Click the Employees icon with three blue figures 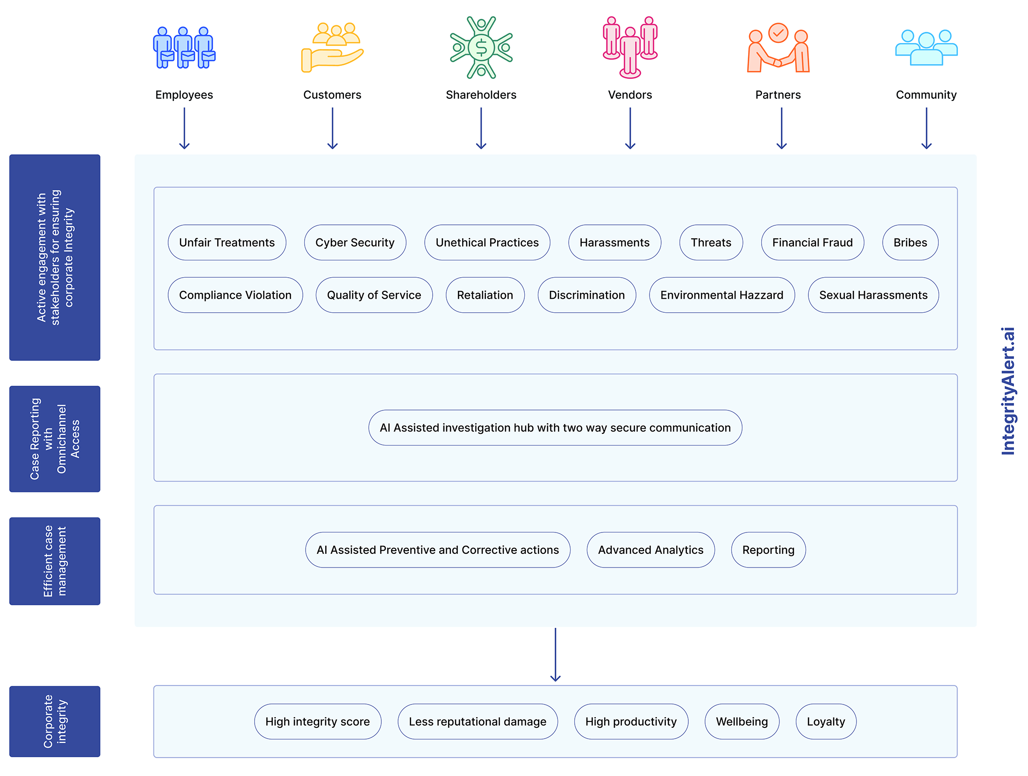coord(184,48)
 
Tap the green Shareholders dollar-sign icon coord(481,47)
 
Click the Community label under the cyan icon coord(926,95)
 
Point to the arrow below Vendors coord(630,128)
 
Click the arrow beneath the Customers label coord(332,128)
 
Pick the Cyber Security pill coord(355,243)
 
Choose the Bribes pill coord(910,243)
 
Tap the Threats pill coord(711,243)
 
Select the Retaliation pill coord(485,295)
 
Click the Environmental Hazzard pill coord(721,295)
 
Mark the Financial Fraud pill coord(812,243)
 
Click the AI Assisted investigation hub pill coord(555,428)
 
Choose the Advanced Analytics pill coord(650,550)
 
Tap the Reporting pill coord(768,550)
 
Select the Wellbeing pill coord(742,721)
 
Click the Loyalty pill coord(826,721)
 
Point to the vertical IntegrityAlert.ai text coord(1008,391)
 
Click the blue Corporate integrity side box coord(55,721)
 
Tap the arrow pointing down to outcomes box coord(555,654)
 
